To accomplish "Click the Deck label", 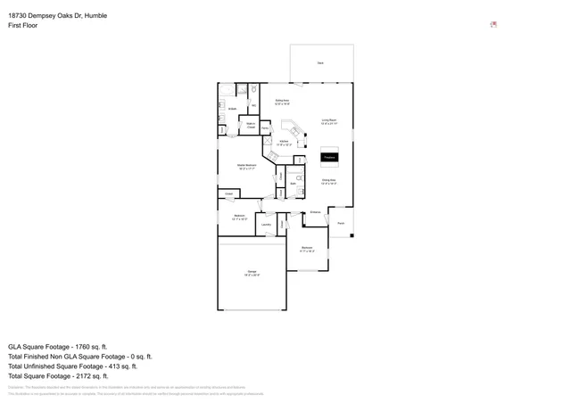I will pyautogui.click(x=320, y=63).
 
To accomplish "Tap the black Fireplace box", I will pyautogui.click(x=329, y=158).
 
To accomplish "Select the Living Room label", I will pyautogui.click(x=329, y=121).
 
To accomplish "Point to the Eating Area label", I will pyautogui.click(x=282, y=103).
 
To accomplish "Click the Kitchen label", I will pyautogui.click(x=284, y=142).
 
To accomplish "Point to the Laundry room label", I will pyautogui.click(x=266, y=224).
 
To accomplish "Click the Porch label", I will pyautogui.click(x=340, y=223).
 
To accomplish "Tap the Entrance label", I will pyautogui.click(x=315, y=212).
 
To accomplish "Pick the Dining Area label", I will pyautogui.click(x=329, y=181).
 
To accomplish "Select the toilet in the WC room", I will pyautogui.click(x=254, y=92).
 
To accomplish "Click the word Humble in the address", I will pyautogui.click(x=94, y=15).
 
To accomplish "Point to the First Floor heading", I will pyautogui.click(x=25, y=26).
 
